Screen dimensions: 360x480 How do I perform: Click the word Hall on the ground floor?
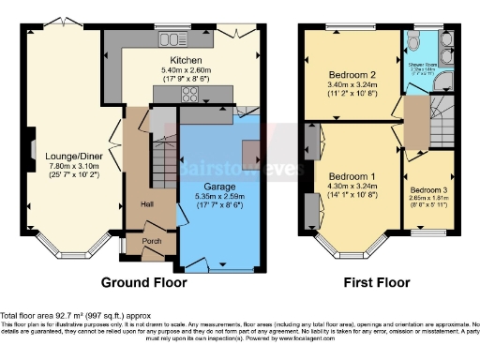point(147,202)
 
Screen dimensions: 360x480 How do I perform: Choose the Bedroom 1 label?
point(352,177)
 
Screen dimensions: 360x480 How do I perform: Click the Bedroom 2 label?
point(352,75)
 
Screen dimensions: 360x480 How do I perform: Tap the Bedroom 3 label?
point(429,188)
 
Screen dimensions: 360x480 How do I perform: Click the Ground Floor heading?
point(143,281)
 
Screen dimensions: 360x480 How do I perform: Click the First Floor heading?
point(378,281)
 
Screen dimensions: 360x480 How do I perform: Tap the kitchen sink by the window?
point(171,39)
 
